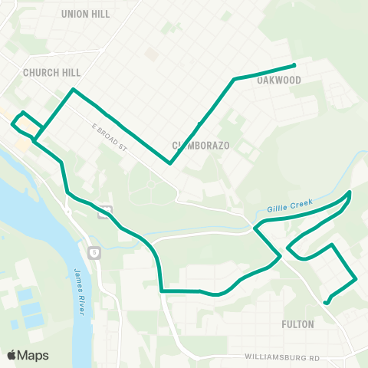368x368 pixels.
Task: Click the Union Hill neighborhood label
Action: tap(85, 14)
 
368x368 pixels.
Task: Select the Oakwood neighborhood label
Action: tap(278, 80)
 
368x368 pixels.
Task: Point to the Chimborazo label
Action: tap(201, 145)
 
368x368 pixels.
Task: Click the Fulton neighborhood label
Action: tap(297, 324)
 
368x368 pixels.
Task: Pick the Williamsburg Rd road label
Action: tap(282, 357)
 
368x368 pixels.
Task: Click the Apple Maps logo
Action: tap(28, 355)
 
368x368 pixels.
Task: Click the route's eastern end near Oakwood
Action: tap(295, 64)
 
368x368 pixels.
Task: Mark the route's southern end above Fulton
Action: tap(327, 303)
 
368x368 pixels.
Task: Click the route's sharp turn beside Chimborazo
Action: tap(169, 163)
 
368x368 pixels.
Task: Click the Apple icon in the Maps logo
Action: tap(11, 355)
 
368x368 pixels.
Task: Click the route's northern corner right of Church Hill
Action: tap(73, 90)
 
